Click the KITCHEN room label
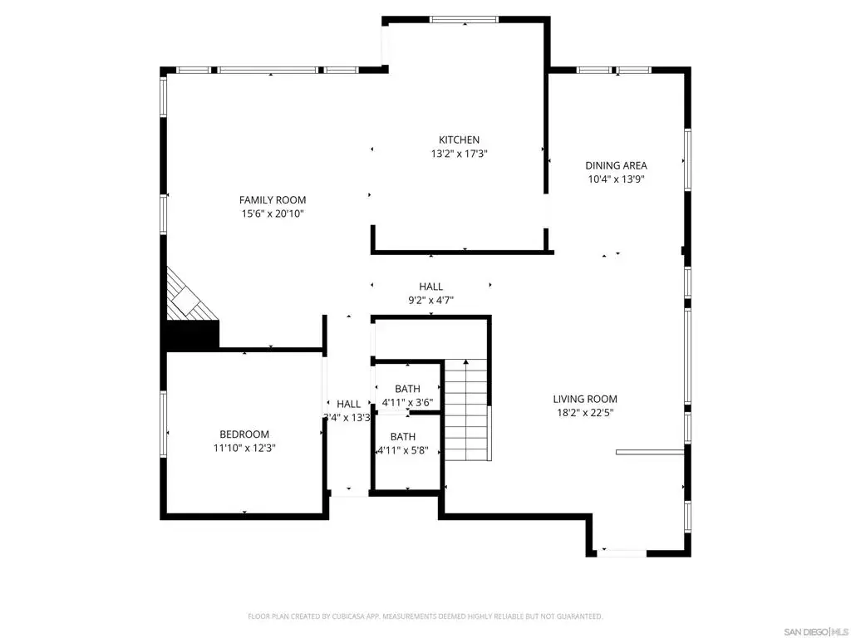[x=459, y=140]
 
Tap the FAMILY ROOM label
[x=273, y=200]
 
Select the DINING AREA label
[x=616, y=166]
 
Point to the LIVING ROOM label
[x=585, y=400]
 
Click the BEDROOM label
[x=244, y=434]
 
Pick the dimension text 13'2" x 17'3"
[x=459, y=154]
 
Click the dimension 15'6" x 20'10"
[x=273, y=213]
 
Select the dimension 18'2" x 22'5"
[x=585, y=413]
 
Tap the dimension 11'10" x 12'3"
[x=244, y=448]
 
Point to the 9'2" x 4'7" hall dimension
[x=431, y=300]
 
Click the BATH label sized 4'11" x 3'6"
[x=407, y=389]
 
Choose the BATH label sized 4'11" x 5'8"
[x=403, y=437]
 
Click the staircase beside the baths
[x=466, y=410]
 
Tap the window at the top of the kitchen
[x=464, y=20]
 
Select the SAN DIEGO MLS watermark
[x=816, y=632]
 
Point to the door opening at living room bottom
[x=622, y=553]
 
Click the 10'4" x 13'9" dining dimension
[x=616, y=179]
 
